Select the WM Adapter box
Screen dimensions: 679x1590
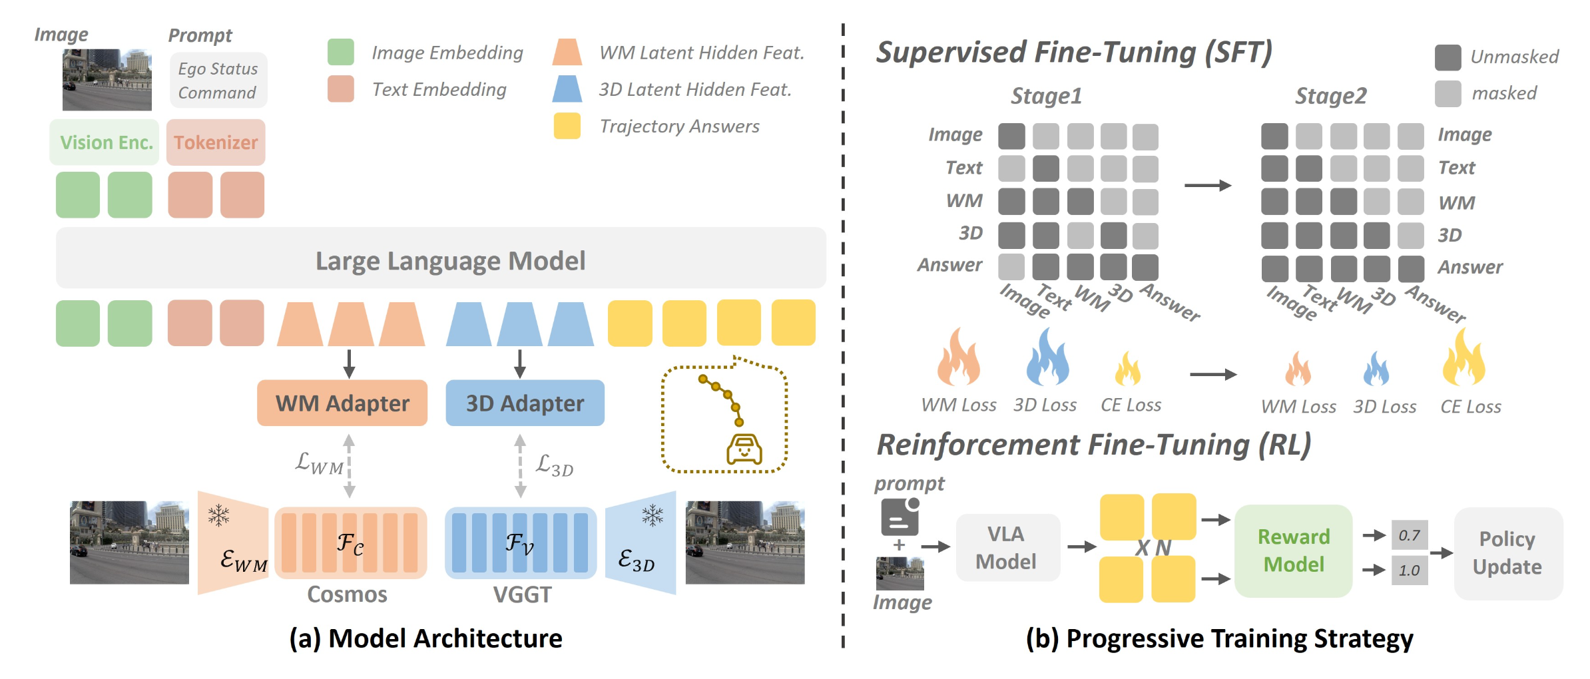[x=342, y=403]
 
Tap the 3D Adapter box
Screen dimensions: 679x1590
[x=525, y=403]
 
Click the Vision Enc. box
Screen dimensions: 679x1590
[x=105, y=142]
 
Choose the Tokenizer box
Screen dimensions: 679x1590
[x=216, y=142]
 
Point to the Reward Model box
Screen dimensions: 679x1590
[x=1293, y=551]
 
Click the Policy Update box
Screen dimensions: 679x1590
[x=1507, y=553]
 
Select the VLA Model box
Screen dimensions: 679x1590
[x=1007, y=547]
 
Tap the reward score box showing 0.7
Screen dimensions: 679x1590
[x=1409, y=535]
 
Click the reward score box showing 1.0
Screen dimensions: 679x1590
[x=1409, y=570]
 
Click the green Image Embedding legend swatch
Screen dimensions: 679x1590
[x=340, y=52]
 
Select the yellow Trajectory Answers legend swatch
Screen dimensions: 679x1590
[x=567, y=126]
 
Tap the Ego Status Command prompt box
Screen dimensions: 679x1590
[x=218, y=81]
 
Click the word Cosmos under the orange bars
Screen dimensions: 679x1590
[x=347, y=594]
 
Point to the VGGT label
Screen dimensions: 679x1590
[x=522, y=594]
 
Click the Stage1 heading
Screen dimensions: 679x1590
[x=1046, y=96]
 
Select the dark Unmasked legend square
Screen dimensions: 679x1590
[x=1448, y=57]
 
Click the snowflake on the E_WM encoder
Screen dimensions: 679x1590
[x=218, y=515]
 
